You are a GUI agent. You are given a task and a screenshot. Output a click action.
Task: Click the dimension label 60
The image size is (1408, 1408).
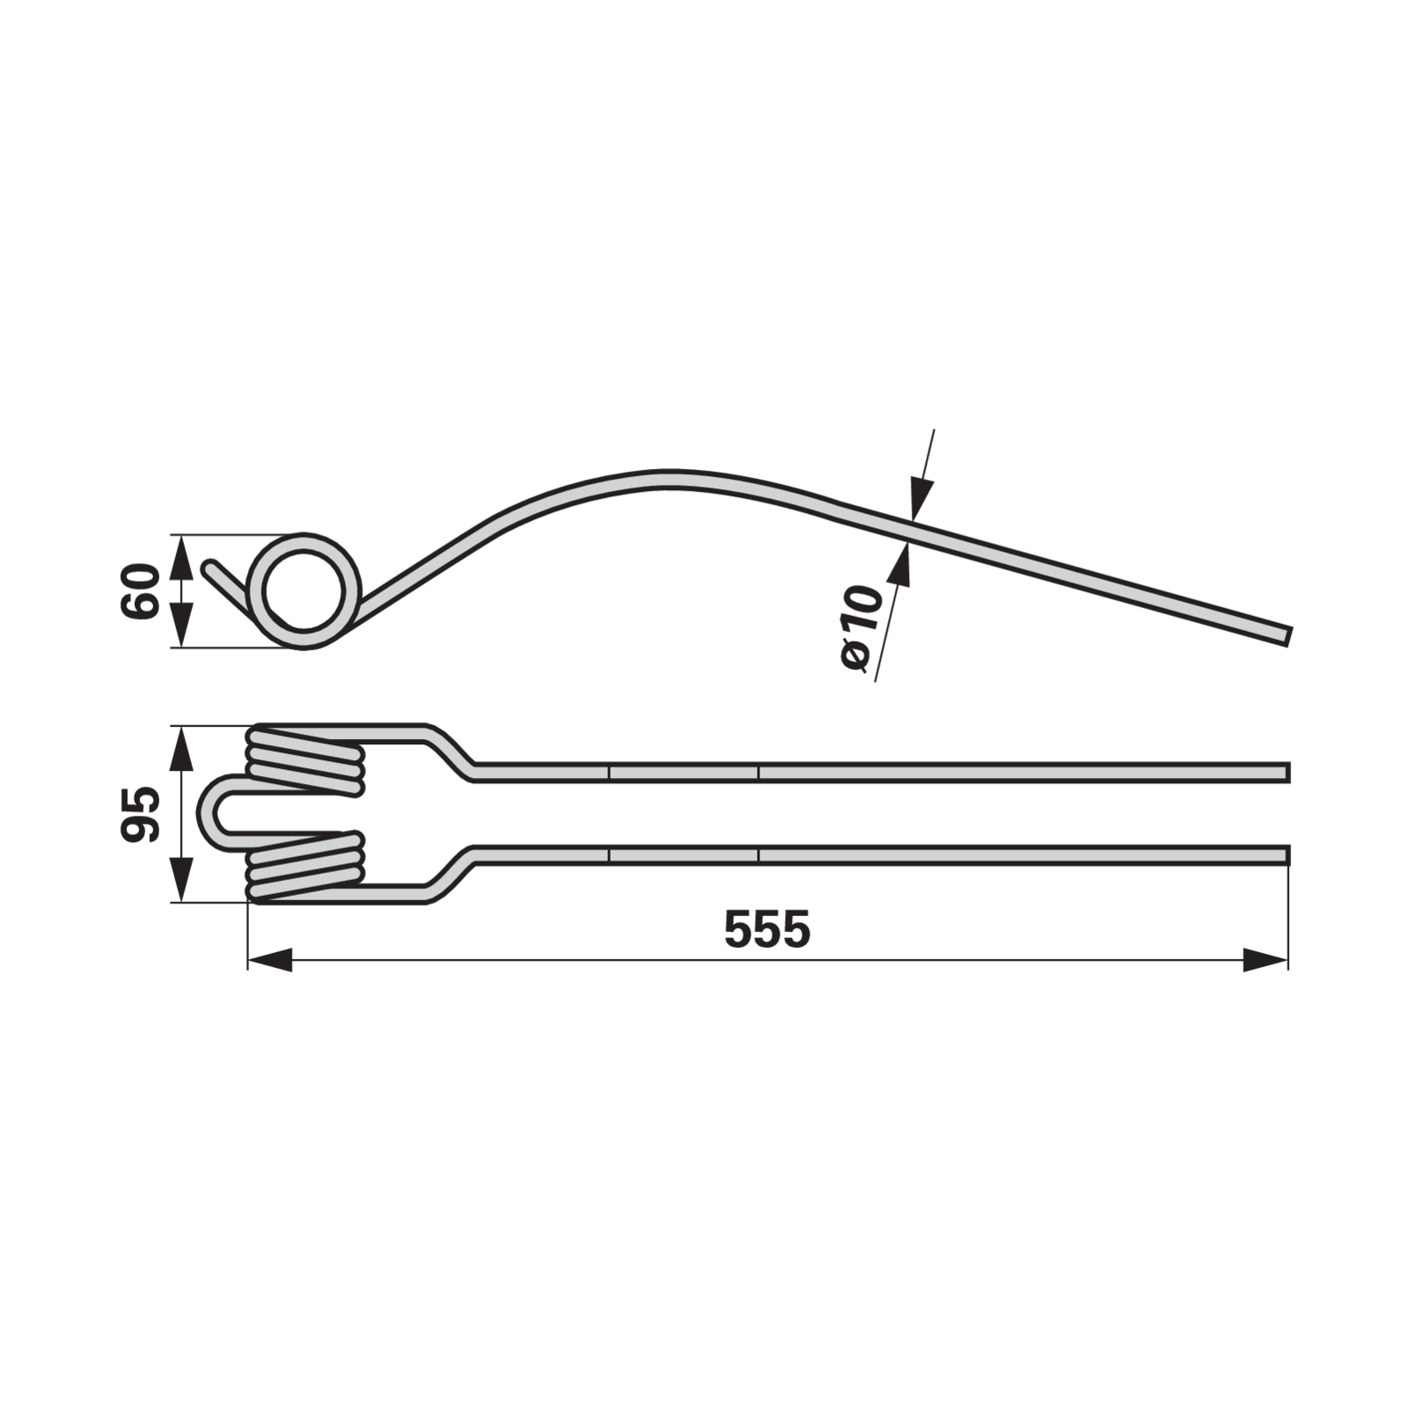(141, 591)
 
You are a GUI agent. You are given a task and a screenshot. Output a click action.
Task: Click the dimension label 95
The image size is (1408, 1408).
(141, 814)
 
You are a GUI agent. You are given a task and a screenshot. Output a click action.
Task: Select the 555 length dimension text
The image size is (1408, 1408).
(766, 929)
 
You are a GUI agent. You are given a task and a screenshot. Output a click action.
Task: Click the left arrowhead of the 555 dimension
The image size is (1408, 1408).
(269, 960)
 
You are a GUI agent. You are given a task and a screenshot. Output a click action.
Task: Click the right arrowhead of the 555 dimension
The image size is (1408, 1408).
(1266, 960)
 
